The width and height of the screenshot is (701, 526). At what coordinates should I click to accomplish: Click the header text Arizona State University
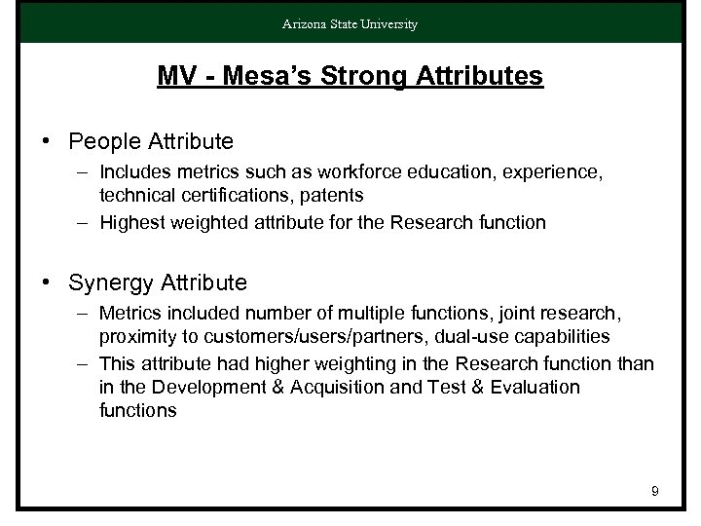tap(350, 24)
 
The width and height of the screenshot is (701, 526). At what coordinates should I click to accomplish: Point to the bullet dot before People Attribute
tap(46, 142)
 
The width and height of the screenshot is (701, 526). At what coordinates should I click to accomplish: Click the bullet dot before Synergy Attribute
tap(46, 283)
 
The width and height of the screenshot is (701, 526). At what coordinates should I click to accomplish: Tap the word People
tap(102, 142)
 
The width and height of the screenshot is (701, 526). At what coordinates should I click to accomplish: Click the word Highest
tap(132, 222)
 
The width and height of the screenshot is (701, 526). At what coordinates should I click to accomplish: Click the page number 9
tap(654, 492)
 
